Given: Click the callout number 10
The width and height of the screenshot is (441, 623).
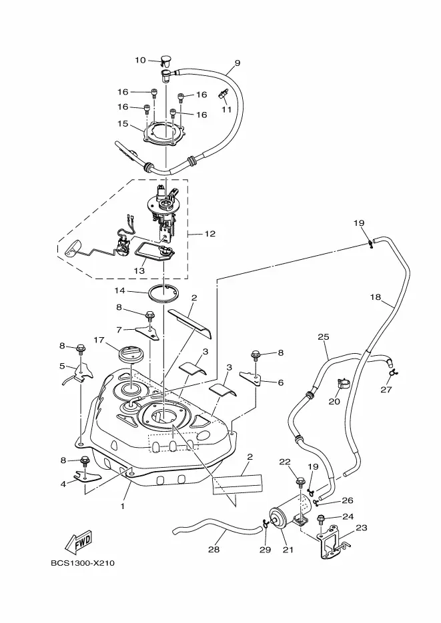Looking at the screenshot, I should (x=140, y=60).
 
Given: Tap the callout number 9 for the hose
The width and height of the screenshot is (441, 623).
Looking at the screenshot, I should (x=237, y=63).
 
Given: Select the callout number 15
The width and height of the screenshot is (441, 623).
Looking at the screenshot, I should (x=123, y=123).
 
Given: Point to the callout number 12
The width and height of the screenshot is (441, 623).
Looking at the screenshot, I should (x=210, y=234).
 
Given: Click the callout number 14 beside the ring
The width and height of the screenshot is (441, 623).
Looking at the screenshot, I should (x=120, y=291).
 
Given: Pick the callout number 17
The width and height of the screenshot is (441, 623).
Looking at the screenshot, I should (x=98, y=339).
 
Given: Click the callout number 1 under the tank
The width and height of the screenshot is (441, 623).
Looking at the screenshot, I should (x=122, y=506).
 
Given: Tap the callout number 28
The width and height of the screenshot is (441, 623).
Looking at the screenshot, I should (x=213, y=550).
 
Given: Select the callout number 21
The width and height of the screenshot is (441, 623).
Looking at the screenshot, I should (x=288, y=550).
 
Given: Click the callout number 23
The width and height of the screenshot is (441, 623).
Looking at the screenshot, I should (x=362, y=528).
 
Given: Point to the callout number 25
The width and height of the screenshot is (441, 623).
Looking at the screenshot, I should (x=324, y=337).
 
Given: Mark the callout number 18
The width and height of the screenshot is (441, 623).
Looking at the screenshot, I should (x=375, y=298).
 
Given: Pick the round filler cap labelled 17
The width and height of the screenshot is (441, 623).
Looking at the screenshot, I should (x=130, y=351).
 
